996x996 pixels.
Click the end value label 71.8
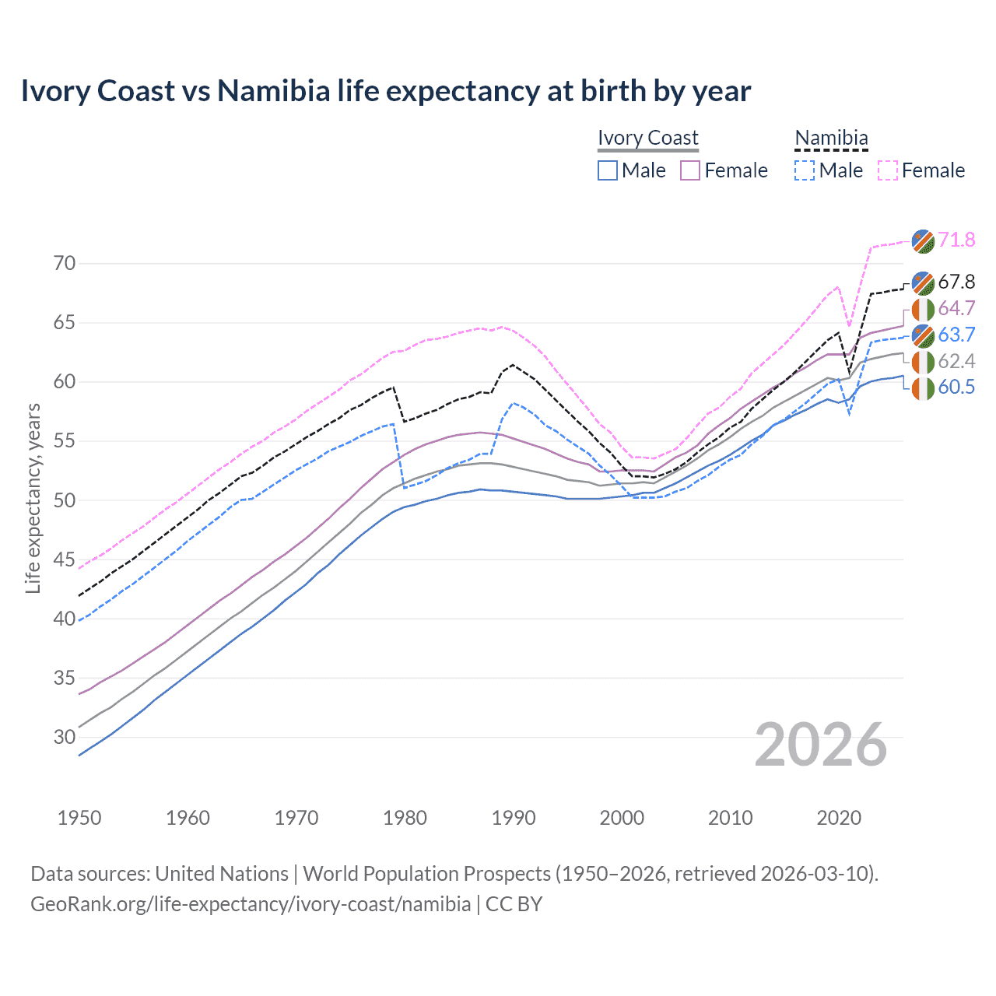pos(956,240)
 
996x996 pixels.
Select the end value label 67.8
pos(956,282)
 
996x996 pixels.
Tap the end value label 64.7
pos(956,308)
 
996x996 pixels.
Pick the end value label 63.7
pos(956,335)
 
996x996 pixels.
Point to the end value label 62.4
pos(956,361)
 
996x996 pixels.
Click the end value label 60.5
pos(956,387)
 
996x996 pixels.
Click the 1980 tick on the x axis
pos(405,818)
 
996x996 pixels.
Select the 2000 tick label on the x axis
pos(622,818)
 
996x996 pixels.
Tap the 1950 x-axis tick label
pos(79,818)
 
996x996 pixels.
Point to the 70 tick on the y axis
pos(65,263)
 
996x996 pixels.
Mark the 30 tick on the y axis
pos(65,737)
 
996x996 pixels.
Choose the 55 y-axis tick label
pos(65,441)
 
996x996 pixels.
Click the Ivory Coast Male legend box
pos(608,170)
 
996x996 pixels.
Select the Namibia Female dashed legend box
pos(888,170)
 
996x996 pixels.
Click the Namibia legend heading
pos(831,139)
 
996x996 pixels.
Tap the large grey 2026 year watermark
pos(821,745)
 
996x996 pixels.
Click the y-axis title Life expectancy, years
pos(33,498)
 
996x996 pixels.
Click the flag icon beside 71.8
pos(923,240)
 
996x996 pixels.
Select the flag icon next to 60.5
pos(923,388)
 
